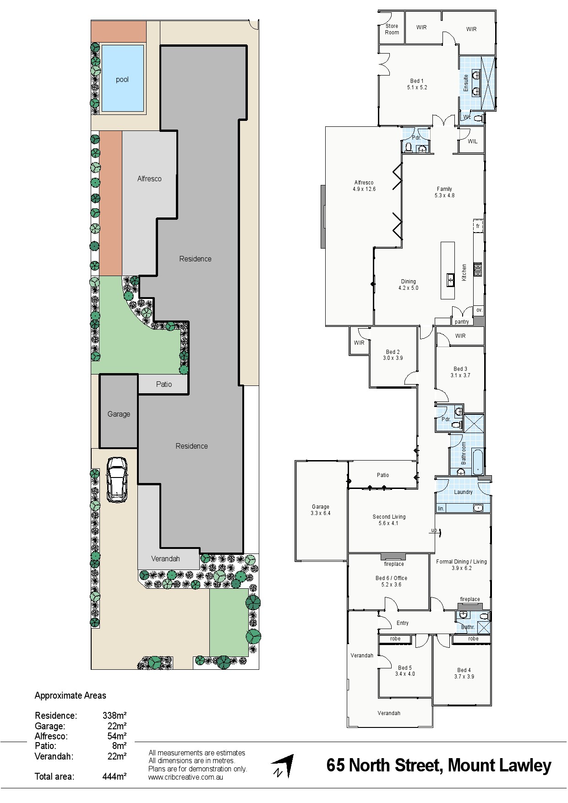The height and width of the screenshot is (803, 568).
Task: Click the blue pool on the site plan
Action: (122, 78)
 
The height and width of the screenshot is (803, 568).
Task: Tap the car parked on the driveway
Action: (117, 479)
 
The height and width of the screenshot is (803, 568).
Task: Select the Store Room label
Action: (392, 29)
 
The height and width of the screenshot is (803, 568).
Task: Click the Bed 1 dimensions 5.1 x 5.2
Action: (417, 87)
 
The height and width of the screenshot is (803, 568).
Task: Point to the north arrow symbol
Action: (282, 766)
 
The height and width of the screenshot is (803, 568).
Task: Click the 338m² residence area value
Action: (115, 716)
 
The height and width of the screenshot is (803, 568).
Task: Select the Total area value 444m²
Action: (115, 776)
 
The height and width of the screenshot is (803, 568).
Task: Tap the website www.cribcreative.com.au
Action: (186, 777)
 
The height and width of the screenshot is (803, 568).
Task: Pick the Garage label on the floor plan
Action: (321, 507)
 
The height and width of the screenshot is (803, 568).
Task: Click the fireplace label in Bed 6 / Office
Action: (394, 564)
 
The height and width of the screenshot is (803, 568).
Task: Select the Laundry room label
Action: (463, 492)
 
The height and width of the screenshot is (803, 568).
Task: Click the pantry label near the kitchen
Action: (462, 322)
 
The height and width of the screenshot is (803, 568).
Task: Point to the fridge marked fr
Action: (478, 226)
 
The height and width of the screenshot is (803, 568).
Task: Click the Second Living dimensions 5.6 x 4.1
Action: (388, 523)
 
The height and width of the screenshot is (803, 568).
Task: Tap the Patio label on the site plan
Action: (164, 384)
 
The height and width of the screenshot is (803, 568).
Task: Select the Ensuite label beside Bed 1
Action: (466, 83)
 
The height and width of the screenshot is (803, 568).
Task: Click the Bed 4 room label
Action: (464, 670)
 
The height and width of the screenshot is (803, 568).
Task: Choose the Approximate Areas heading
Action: (71, 696)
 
